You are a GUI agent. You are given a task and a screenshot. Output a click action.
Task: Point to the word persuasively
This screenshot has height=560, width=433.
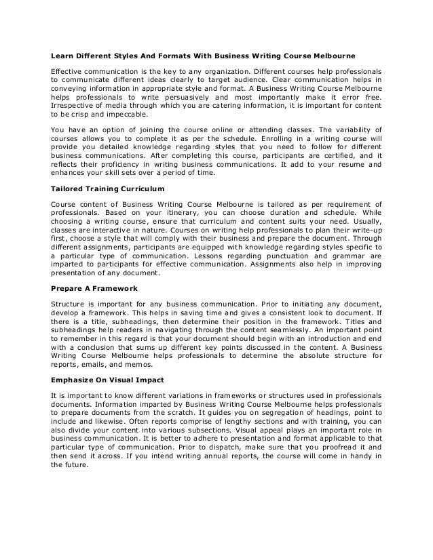click(197, 96)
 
